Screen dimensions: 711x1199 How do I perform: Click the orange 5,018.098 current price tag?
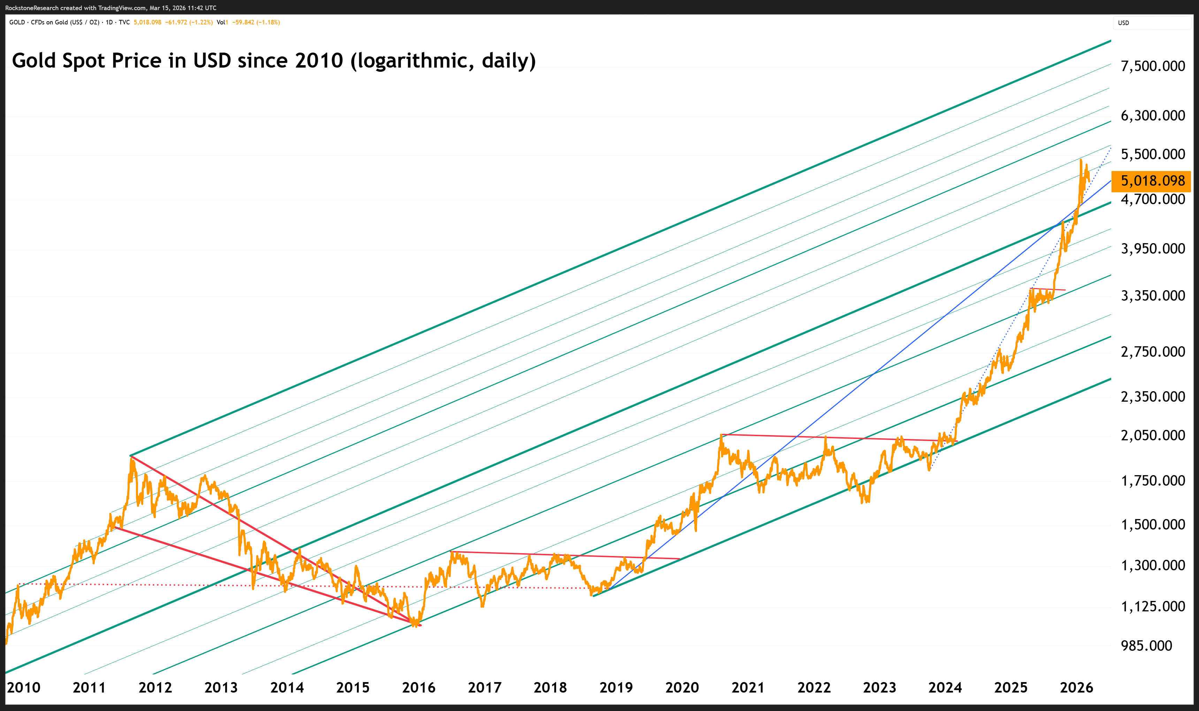(x=1152, y=181)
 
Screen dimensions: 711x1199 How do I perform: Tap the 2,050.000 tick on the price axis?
(x=1153, y=435)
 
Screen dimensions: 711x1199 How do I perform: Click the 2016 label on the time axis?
(x=418, y=688)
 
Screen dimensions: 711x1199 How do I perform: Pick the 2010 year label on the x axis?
(x=23, y=688)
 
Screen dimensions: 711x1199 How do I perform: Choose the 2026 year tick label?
(x=1076, y=688)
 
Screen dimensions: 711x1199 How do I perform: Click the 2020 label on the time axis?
(x=682, y=688)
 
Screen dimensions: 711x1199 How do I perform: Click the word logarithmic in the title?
(x=414, y=61)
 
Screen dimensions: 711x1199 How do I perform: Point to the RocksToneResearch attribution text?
(x=32, y=8)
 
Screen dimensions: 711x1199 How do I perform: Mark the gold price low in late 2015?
(x=414, y=625)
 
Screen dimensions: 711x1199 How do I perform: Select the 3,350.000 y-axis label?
(x=1153, y=296)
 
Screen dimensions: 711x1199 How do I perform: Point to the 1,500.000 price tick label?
(x=1153, y=525)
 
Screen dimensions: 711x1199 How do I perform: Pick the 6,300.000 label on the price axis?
(x=1153, y=115)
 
